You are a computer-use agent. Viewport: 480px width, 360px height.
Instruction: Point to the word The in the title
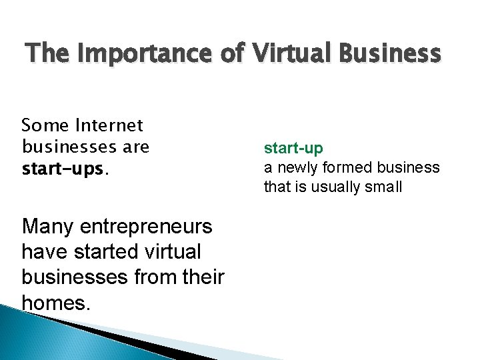point(43,53)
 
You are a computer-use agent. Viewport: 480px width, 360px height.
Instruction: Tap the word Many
point(46,227)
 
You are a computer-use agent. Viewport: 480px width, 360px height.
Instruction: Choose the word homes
point(55,303)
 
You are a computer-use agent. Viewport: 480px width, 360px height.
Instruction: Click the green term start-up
point(293,147)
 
